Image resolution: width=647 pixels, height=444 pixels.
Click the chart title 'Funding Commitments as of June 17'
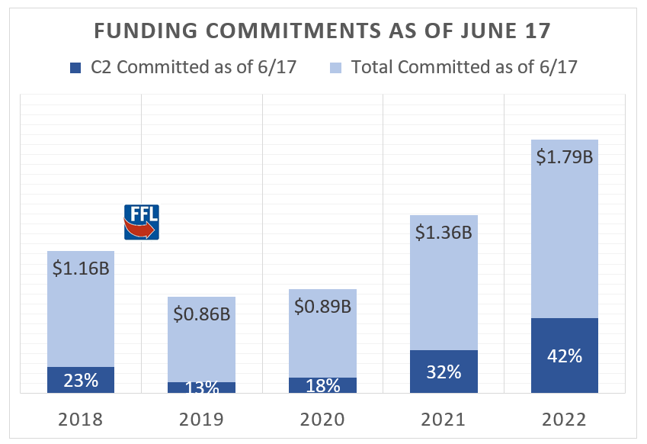pyautogui.click(x=323, y=32)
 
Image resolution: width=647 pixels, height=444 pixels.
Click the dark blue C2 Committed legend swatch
pyautogui.click(x=75, y=67)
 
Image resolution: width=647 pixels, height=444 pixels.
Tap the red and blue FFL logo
pyautogui.click(x=141, y=222)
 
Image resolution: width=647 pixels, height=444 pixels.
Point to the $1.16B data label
pyautogui.click(x=81, y=268)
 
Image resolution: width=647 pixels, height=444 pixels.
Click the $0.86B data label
pyautogui.click(x=201, y=313)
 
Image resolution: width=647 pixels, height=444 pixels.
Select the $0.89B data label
pyautogui.click(x=322, y=306)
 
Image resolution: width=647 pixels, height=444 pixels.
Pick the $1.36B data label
pyautogui.click(x=444, y=231)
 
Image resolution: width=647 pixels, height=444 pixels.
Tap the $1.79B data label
pyautogui.click(x=564, y=157)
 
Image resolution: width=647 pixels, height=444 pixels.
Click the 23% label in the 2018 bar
pyautogui.click(x=81, y=379)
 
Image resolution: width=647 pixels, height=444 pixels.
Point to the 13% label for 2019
pyautogui.click(x=201, y=387)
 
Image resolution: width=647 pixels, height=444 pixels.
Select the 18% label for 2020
pyautogui.click(x=322, y=385)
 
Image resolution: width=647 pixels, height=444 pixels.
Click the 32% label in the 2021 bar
pyautogui.click(x=444, y=372)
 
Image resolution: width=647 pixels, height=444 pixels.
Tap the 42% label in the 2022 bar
pyautogui.click(x=564, y=356)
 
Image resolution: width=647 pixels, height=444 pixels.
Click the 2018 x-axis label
pyautogui.click(x=81, y=419)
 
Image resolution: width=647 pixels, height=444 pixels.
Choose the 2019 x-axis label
pyautogui.click(x=201, y=419)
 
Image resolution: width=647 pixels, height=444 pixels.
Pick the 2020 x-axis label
pyautogui.click(x=322, y=419)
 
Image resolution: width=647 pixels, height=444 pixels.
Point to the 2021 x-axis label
pyautogui.click(x=444, y=419)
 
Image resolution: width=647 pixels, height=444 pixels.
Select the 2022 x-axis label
pyautogui.click(x=564, y=419)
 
